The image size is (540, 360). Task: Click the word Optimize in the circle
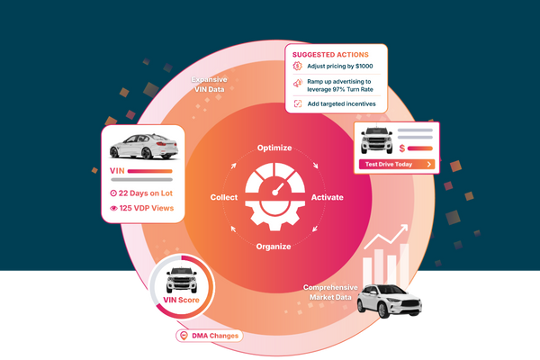275,147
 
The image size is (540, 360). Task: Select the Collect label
224,196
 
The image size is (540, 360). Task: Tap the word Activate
326,196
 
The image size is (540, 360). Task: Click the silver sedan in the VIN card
146,144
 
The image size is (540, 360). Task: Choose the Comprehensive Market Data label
330,292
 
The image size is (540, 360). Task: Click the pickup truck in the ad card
375,143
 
